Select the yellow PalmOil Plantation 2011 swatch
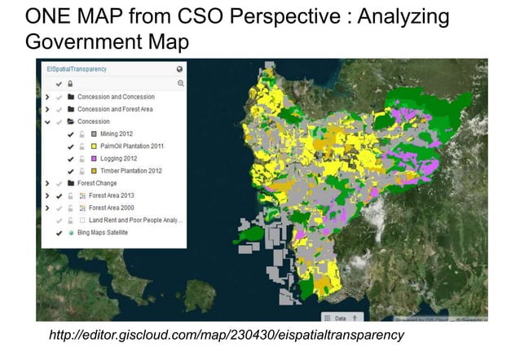(x=94, y=146)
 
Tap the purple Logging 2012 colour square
(x=94, y=158)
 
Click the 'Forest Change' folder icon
(x=71, y=182)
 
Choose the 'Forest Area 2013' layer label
(x=110, y=195)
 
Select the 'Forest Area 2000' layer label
(x=110, y=208)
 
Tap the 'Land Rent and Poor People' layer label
(x=135, y=220)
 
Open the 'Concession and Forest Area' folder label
(x=115, y=109)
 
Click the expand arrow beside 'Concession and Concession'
(x=47, y=97)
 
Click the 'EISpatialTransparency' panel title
(x=70, y=70)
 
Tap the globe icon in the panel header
(x=180, y=70)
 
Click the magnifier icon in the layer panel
(x=180, y=83)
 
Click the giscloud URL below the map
(x=227, y=335)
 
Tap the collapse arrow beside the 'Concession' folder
(x=47, y=121)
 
